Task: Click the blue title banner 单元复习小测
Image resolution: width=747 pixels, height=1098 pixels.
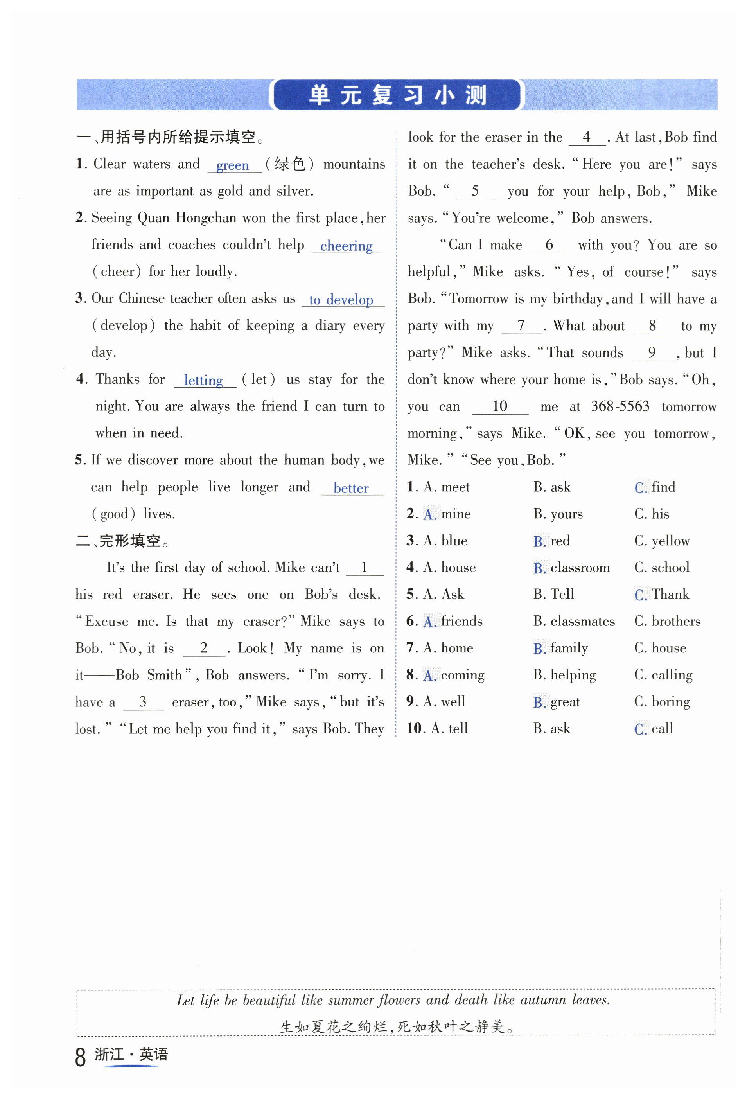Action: (397, 95)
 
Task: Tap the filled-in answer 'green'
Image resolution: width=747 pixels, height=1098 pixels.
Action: (232, 165)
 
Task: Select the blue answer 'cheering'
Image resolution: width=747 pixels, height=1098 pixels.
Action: (347, 246)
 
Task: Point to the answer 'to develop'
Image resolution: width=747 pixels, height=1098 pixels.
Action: (341, 300)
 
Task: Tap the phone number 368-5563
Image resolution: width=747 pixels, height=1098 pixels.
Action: (620, 406)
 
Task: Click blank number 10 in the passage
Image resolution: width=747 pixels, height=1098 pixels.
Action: (499, 406)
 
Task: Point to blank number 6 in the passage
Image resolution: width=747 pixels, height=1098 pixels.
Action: (549, 245)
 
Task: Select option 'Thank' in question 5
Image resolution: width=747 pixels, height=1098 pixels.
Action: (670, 594)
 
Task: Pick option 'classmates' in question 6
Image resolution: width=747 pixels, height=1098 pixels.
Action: (582, 621)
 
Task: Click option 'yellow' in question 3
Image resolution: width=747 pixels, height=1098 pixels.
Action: (670, 541)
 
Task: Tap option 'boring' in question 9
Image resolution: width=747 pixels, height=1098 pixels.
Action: (670, 702)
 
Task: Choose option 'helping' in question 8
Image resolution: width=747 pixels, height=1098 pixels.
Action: (573, 675)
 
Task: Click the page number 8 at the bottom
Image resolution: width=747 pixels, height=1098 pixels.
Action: (80, 1057)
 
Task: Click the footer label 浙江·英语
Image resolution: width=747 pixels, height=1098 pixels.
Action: (131, 1054)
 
